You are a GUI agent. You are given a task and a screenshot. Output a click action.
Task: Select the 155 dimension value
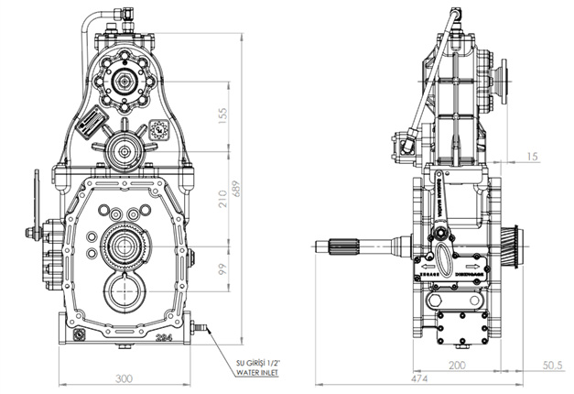click(x=223, y=114)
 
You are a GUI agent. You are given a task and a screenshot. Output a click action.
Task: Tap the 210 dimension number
click(x=223, y=203)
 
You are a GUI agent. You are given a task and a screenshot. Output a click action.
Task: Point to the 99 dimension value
click(x=223, y=270)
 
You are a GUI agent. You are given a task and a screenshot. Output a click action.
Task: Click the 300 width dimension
click(x=125, y=378)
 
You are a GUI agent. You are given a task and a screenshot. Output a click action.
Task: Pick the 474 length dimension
click(x=418, y=378)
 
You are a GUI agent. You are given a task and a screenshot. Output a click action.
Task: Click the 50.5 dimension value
click(x=551, y=365)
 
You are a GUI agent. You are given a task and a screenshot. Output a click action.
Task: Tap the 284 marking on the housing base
click(x=165, y=337)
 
